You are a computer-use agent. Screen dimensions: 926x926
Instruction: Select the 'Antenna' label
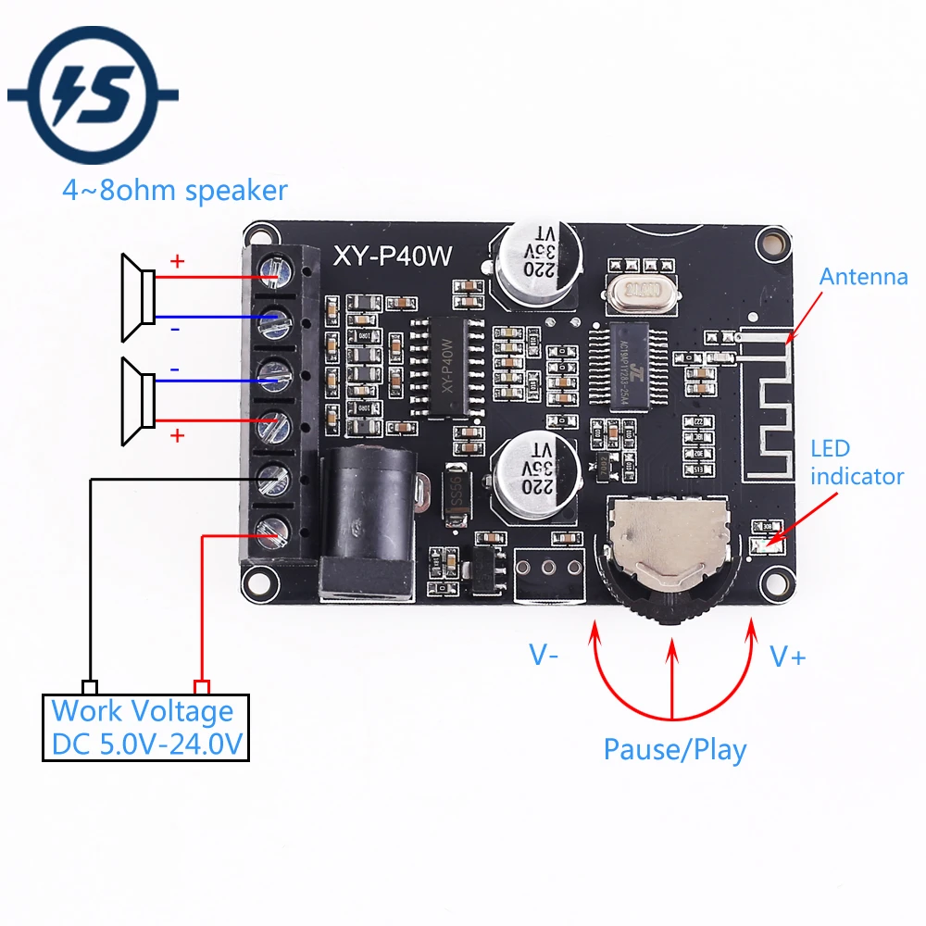click(864, 276)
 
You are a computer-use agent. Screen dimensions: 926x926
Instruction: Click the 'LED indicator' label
click(857, 462)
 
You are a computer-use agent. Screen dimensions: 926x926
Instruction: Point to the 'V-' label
click(544, 657)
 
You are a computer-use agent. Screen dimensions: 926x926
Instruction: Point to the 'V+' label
click(788, 657)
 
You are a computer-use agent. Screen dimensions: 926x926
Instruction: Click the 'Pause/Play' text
click(674, 749)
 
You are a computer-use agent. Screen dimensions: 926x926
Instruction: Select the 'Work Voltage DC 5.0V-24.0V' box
click(146, 728)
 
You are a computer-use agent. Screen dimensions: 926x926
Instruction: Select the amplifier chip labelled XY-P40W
click(447, 367)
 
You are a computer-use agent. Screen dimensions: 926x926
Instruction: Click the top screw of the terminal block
click(272, 271)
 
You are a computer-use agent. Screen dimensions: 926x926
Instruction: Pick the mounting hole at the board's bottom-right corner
click(771, 582)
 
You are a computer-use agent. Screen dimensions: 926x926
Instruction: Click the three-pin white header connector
click(548, 569)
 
